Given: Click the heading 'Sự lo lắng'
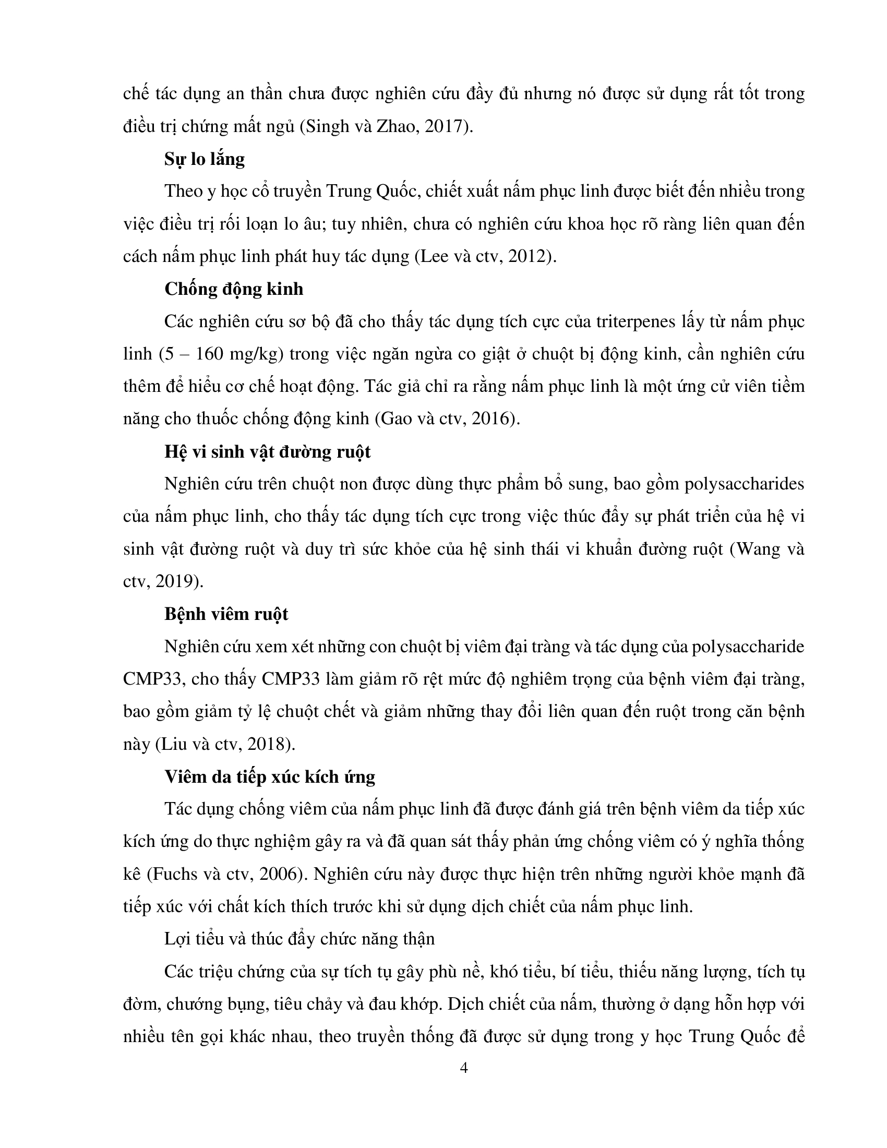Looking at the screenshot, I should (205, 159).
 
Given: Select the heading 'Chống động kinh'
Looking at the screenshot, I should (234, 289).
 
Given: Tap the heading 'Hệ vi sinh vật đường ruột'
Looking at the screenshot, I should (268, 452).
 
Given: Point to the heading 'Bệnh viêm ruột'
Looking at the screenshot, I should (226, 615).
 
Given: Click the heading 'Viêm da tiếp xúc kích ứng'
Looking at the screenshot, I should (270, 777).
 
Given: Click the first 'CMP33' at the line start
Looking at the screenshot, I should (152, 679).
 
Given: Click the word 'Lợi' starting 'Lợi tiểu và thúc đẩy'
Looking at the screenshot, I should (177, 939).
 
